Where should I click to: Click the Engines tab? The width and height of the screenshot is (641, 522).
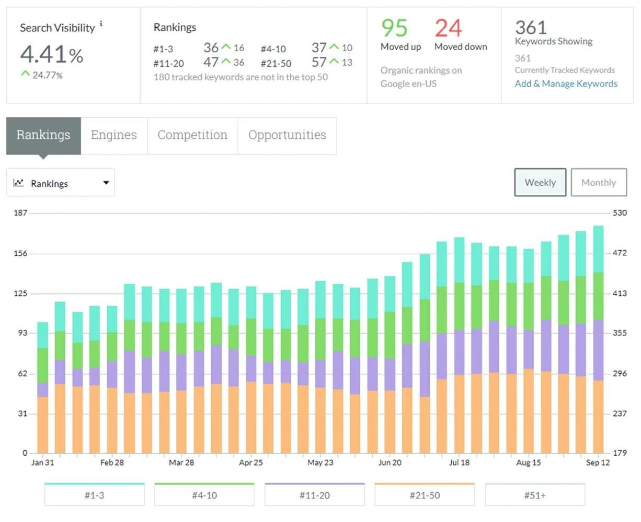click(x=113, y=135)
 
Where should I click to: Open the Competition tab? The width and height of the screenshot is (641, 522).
click(x=192, y=135)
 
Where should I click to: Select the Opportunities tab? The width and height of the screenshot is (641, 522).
click(x=287, y=135)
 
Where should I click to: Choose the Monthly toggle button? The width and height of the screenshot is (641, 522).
click(x=598, y=182)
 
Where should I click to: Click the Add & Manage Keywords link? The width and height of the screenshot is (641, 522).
click(x=566, y=84)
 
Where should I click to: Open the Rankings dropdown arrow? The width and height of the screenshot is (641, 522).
click(x=106, y=183)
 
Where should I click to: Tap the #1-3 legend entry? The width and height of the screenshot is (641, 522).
click(x=94, y=495)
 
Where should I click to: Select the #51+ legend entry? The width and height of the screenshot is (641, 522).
click(x=535, y=495)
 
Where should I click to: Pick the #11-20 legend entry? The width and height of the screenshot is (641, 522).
click(x=314, y=495)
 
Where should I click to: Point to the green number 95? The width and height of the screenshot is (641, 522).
click(x=394, y=28)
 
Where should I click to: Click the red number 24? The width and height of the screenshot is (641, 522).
click(x=448, y=28)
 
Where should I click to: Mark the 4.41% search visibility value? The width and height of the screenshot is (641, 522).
click(x=51, y=54)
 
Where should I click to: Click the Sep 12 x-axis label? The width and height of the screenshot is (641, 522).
click(x=598, y=462)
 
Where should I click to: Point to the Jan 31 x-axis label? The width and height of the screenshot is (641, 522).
click(x=42, y=462)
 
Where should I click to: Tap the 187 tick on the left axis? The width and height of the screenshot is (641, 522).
click(x=20, y=213)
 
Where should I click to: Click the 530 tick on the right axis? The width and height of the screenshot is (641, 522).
click(x=620, y=213)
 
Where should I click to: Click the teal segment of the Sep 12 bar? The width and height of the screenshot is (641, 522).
click(x=598, y=249)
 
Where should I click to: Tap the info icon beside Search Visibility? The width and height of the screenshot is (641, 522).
click(x=101, y=23)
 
